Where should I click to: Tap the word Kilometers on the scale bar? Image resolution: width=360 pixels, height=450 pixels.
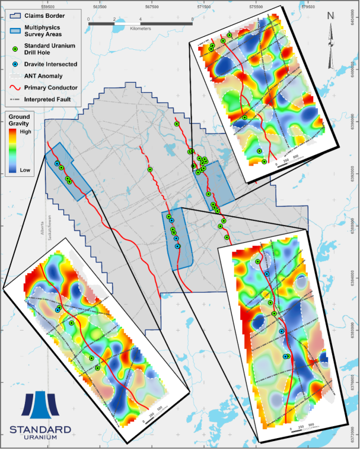coord(141,28)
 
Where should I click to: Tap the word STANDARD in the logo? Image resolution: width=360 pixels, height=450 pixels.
coord(40,429)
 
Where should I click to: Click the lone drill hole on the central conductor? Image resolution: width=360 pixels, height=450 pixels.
coord(151,170)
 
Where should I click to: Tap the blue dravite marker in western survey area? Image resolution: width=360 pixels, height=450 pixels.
coord(58,163)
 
